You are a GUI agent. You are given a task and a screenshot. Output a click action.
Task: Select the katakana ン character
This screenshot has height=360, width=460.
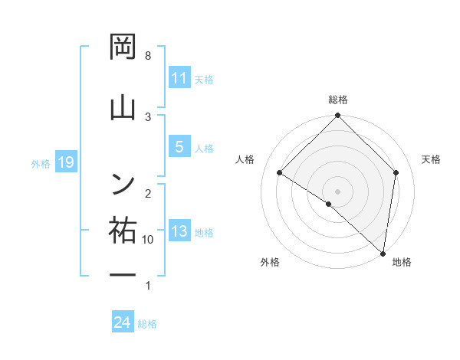point(123,182)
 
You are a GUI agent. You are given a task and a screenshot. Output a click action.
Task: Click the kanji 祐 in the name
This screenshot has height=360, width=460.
point(123,229)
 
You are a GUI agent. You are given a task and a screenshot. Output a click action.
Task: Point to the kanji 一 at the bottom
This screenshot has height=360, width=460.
point(123,274)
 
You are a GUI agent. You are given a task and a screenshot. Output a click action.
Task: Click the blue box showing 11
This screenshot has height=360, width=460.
point(179,78)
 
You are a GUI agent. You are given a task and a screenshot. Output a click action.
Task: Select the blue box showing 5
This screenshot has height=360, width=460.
point(179,147)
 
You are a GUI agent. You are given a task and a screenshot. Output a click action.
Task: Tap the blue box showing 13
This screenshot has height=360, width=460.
point(179,232)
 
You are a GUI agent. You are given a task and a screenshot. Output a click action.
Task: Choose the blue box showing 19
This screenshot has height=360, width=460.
point(65,162)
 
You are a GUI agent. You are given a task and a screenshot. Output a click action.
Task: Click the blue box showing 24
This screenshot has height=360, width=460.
point(123,323)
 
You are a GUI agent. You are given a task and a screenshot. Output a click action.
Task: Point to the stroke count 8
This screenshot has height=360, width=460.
point(148,56)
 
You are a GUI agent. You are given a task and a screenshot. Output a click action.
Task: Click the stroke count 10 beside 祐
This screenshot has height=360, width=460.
point(147,240)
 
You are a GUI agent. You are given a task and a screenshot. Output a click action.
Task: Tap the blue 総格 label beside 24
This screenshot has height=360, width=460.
point(147,324)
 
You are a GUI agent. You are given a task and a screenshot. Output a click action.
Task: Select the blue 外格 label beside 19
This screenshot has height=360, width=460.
point(41,163)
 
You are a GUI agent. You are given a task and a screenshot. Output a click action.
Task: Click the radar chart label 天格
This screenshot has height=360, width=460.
point(432,159)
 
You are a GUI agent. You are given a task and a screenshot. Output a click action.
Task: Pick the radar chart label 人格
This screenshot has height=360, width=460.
point(245,159)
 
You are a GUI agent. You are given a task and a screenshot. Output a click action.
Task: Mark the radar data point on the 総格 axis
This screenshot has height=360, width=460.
point(338,116)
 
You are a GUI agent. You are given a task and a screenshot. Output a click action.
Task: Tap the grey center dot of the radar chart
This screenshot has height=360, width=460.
point(338,191)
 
